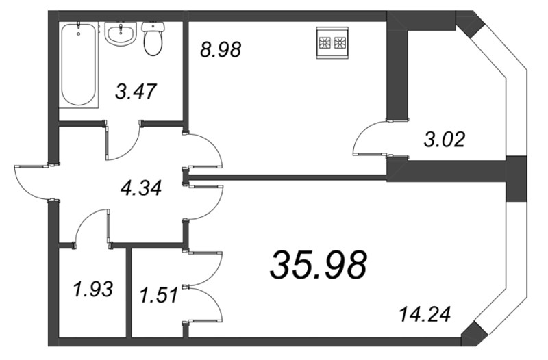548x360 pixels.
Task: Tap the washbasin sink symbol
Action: (x=122, y=34)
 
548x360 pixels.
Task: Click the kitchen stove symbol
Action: (x=332, y=43)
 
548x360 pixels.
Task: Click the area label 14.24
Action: (x=425, y=316)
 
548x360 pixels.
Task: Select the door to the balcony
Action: (x=370, y=140)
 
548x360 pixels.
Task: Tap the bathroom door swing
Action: (x=123, y=140)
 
